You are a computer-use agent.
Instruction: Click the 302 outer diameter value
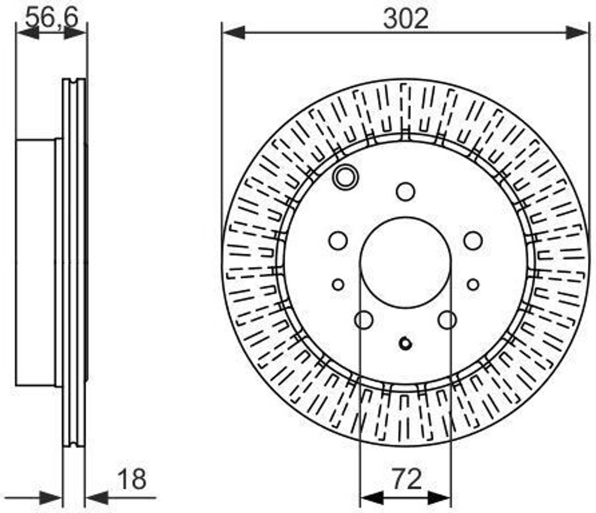pyautogui.click(x=406, y=19)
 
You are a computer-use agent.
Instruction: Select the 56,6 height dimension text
pyautogui.click(x=52, y=17)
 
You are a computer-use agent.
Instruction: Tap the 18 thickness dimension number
pyautogui.click(x=132, y=480)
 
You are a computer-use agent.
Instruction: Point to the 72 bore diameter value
pyautogui.click(x=406, y=480)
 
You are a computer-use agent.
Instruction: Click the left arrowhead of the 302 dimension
pyautogui.click(x=233, y=33)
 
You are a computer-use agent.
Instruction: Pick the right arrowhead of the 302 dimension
pyautogui.click(x=577, y=33)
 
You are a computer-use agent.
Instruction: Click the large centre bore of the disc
pyautogui.click(x=406, y=262)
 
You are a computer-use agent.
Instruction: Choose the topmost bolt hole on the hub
pyautogui.click(x=406, y=191)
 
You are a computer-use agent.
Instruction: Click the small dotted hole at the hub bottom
pyautogui.click(x=406, y=343)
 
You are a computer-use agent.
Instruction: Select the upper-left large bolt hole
pyautogui.click(x=338, y=240)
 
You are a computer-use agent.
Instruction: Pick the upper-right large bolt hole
pyautogui.click(x=473, y=240)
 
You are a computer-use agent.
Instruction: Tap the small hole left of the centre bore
pyautogui.click(x=338, y=284)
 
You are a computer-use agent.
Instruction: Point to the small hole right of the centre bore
pyautogui.click(x=473, y=284)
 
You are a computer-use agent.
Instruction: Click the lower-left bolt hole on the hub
pyautogui.click(x=364, y=319)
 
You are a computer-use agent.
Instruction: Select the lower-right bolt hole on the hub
pyautogui.click(x=448, y=319)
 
